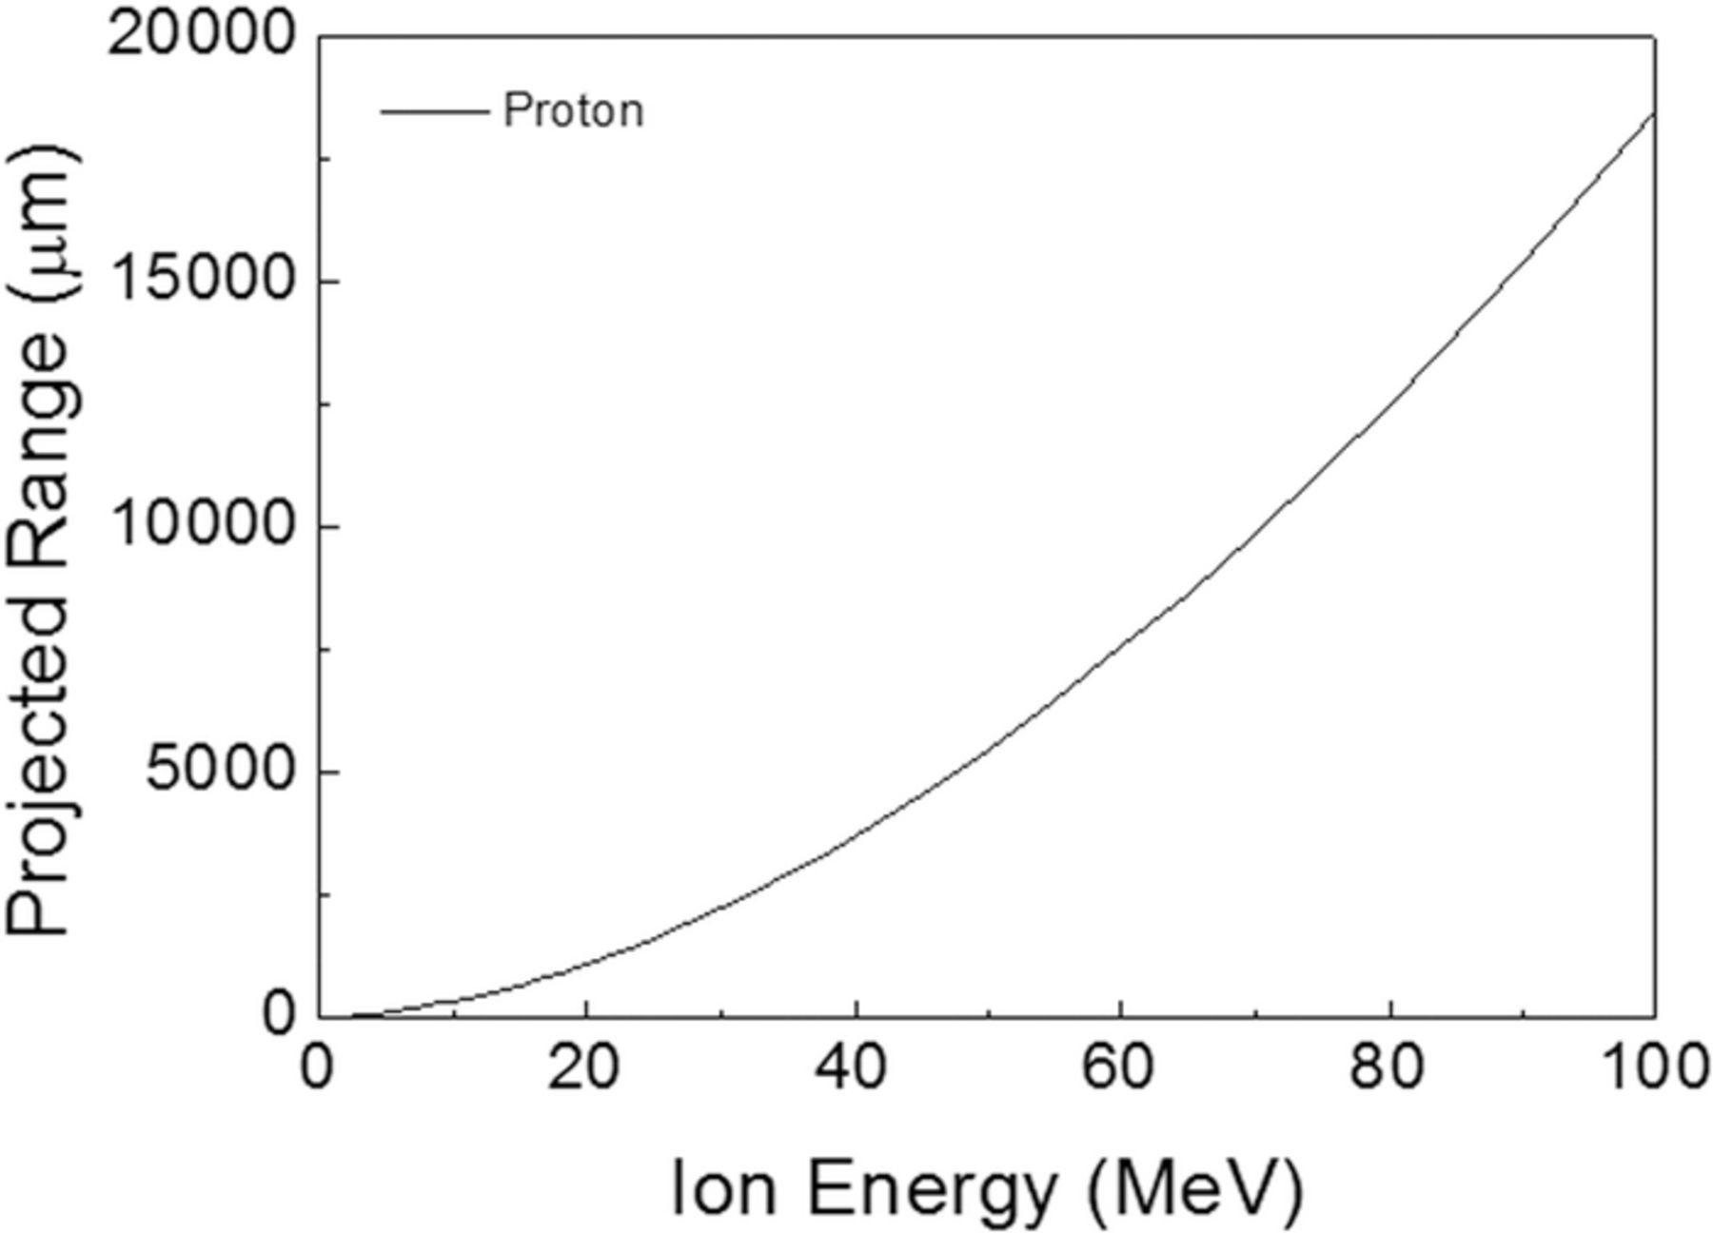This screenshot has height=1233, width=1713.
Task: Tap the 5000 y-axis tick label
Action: click(x=218, y=772)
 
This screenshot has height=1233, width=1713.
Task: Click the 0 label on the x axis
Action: click(x=317, y=1068)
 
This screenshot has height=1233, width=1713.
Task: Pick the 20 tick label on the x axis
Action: click(x=583, y=1068)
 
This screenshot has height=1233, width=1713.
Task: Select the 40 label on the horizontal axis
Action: click(x=852, y=1068)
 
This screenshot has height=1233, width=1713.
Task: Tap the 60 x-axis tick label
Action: click(x=1119, y=1068)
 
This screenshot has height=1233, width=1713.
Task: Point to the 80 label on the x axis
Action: click(x=1388, y=1068)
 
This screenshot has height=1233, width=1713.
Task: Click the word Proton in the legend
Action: click(x=573, y=110)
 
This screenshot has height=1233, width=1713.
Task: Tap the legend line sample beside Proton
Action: click(x=433, y=111)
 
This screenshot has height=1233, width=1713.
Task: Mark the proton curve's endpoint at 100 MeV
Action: click(x=1654, y=113)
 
